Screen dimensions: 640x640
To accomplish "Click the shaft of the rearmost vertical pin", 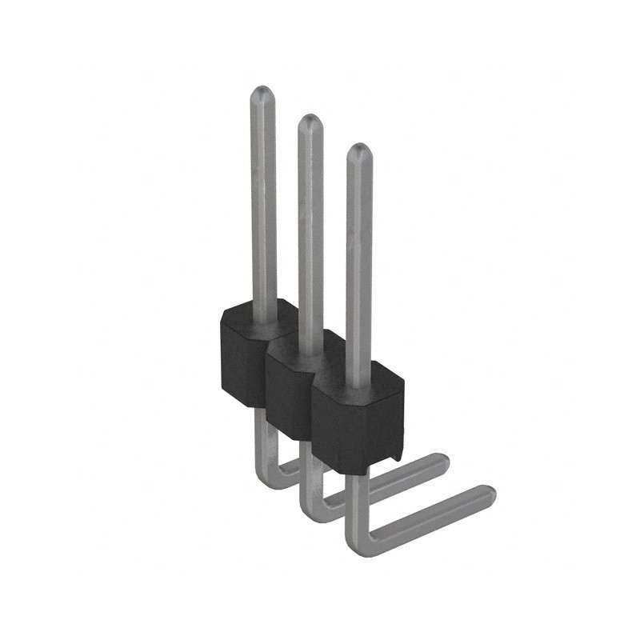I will (x=263, y=200).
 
